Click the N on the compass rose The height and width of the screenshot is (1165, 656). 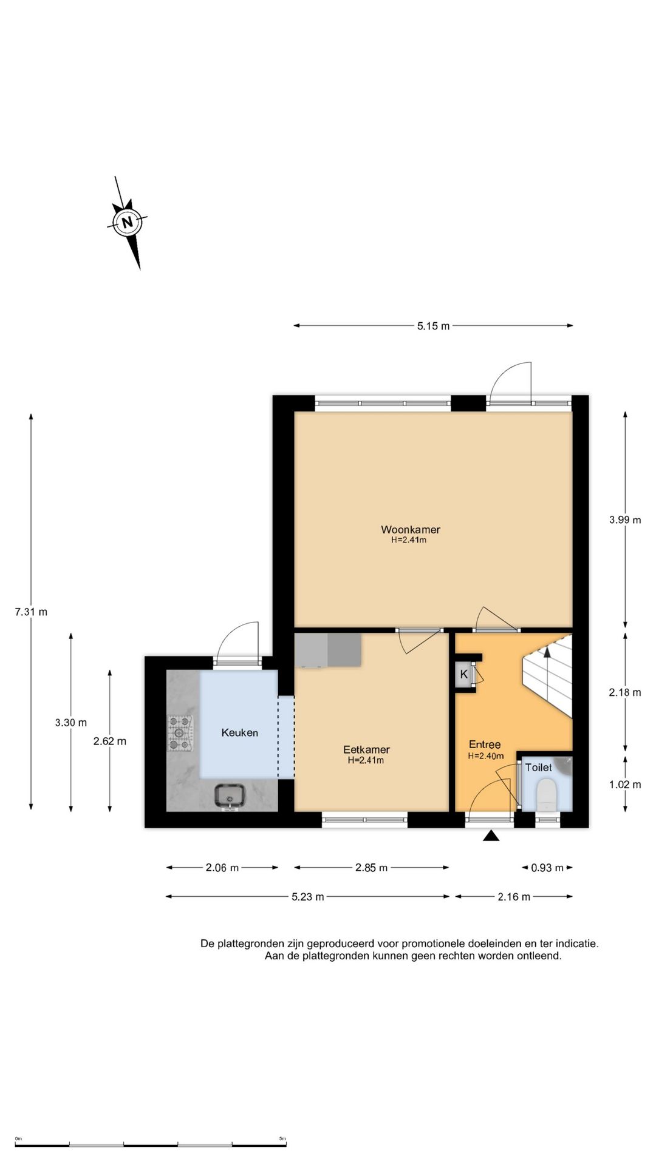click(128, 222)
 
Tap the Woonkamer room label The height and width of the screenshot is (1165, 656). click(411, 530)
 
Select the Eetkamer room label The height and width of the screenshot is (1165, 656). click(366, 749)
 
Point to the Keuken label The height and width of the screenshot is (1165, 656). click(239, 732)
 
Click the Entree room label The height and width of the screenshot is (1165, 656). click(485, 745)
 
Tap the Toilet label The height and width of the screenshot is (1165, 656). click(539, 768)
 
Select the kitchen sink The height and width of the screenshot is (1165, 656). click(230, 796)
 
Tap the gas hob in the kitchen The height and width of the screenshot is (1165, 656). click(180, 733)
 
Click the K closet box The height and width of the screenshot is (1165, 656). click(465, 674)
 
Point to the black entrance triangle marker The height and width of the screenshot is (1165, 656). click(491, 836)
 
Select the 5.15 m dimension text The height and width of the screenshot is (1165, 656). click(433, 326)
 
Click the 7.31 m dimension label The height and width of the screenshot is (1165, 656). click(31, 612)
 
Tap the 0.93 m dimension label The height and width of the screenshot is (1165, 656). click(547, 868)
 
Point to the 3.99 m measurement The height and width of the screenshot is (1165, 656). click(625, 519)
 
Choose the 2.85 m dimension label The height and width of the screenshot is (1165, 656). click(371, 868)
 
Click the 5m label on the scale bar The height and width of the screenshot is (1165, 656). click(282, 1139)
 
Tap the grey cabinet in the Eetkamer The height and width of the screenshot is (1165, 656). click(328, 650)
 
